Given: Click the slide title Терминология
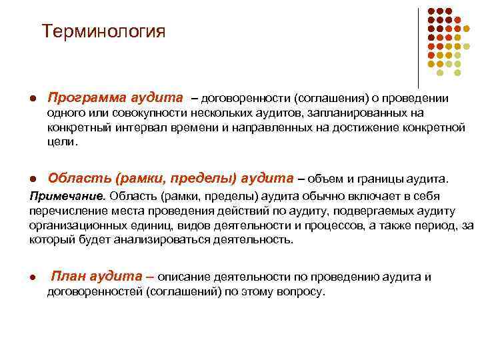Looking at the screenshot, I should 103,31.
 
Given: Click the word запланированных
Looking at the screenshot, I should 361,113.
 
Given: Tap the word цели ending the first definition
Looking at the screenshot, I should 61,142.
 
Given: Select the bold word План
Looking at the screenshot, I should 69,277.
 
